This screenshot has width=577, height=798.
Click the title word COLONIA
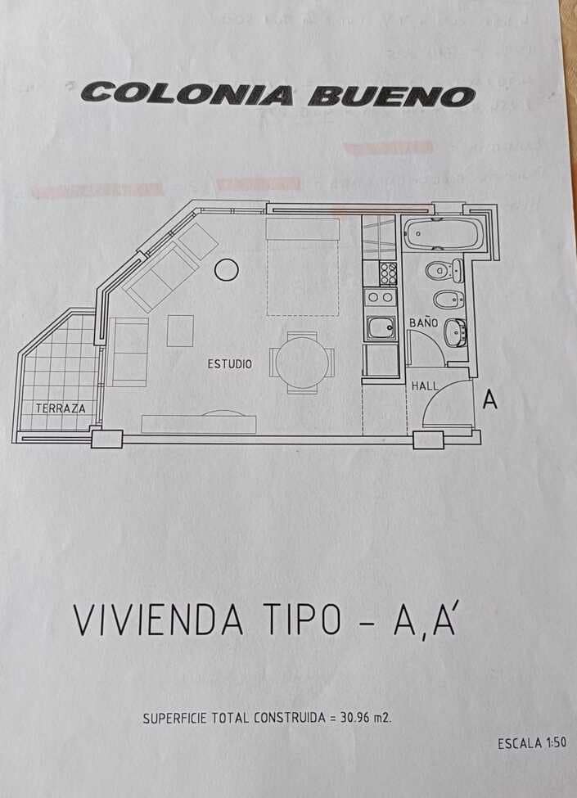(187, 93)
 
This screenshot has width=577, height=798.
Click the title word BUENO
(391, 96)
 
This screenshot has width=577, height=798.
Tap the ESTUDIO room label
(229, 364)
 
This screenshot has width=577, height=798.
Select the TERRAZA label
(60, 407)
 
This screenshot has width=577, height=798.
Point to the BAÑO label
(423, 323)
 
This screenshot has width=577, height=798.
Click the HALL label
(424, 385)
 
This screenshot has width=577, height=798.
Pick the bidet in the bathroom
(447, 300)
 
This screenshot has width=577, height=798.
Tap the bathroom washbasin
(454, 332)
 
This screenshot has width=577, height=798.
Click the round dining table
(301, 363)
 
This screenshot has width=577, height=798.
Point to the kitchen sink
(380, 328)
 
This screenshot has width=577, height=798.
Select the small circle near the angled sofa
(226, 269)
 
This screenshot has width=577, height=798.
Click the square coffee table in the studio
(180, 331)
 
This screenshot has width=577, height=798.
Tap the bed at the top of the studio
(302, 266)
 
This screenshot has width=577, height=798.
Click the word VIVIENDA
(159, 620)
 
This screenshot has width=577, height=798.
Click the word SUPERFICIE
(174, 719)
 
